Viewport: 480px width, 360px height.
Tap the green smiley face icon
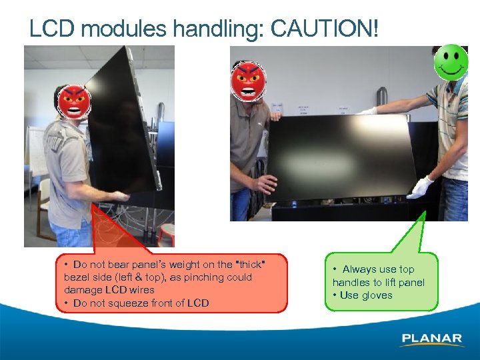[x=451, y=63]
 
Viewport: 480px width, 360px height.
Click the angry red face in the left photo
[x=73, y=103]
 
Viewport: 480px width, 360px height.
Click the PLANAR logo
[x=432, y=339]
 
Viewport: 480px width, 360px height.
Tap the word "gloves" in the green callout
[x=377, y=295]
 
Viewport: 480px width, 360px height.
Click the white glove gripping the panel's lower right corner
[x=421, y=187]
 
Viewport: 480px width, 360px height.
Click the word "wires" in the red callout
[x=141, y=290]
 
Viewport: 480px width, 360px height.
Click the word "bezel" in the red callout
[x=77, y=277]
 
